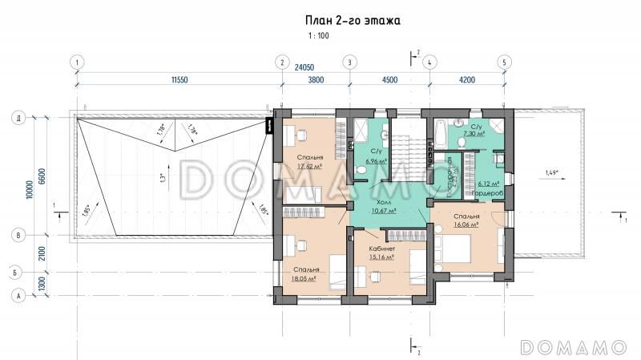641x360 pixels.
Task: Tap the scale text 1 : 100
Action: tap(317, 36)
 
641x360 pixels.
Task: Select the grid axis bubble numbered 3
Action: tap(349, 62)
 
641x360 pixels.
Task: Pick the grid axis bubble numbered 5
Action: tap(504, 62)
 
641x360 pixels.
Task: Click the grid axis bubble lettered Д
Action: tap(16, 117)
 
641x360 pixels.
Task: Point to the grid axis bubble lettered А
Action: tap(16, 296)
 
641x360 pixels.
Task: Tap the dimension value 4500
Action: tap(389, 80)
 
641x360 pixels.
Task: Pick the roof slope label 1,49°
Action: tap(552, 172)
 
